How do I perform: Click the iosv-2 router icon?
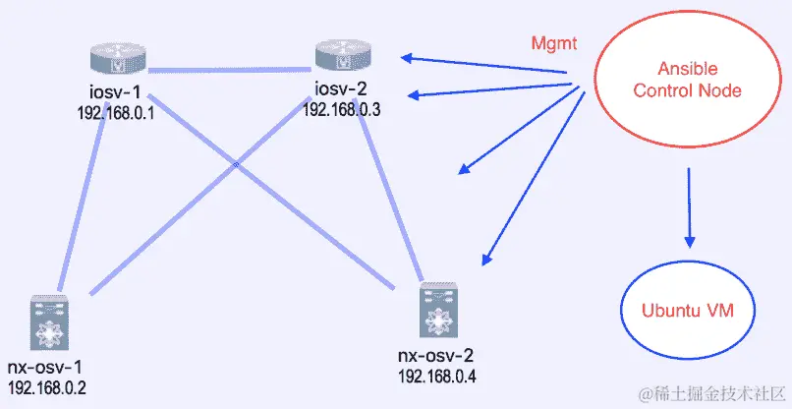343,57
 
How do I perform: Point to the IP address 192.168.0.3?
342,109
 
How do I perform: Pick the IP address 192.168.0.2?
47,386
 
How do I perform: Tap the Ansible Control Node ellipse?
687,81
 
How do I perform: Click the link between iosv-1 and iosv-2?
230,69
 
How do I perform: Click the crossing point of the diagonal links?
237,164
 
